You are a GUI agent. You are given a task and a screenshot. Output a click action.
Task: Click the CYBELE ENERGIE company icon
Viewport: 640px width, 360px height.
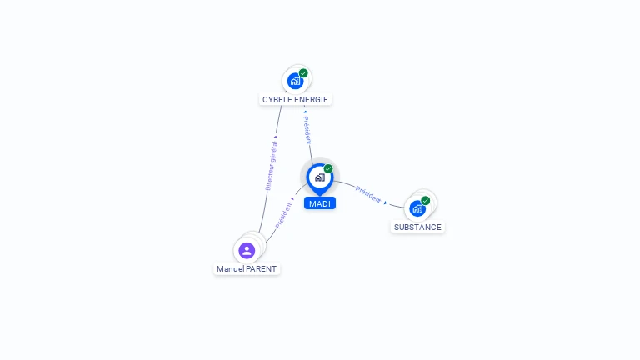pos(294,81)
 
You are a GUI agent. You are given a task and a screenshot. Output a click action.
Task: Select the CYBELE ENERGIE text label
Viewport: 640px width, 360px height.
pos(295,100)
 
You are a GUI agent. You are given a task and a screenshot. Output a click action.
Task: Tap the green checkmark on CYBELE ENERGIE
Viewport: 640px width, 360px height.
pos(303,73)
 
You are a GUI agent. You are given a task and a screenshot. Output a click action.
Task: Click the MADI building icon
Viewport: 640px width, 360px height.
pos(319,177)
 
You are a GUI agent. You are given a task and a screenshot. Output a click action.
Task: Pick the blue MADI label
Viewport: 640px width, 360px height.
pos(320,203)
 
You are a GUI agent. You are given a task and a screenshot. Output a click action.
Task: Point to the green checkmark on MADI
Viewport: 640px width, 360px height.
pos(328,169)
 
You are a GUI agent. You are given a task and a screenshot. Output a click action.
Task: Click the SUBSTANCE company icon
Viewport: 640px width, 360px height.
pos(417,207)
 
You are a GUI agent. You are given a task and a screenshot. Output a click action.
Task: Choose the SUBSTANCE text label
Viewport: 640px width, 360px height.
pos(417,227)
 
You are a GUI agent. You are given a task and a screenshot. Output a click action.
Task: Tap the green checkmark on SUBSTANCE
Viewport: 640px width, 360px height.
pos(426,201)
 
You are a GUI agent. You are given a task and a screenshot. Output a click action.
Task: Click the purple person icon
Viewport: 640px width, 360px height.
pos(247,250)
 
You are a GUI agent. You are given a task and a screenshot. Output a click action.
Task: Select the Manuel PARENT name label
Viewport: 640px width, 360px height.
pos(247,269)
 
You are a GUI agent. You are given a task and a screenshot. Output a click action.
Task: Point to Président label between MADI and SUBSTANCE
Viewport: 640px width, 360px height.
pos(367,193)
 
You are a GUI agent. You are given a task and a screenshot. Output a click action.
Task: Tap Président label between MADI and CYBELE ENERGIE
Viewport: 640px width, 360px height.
pos(307,130)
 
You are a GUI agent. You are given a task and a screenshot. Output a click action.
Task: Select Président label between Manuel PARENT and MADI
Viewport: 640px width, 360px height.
pos(282,214)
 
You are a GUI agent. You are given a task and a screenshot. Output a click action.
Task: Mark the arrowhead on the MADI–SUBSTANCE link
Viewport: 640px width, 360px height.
pos(385,201)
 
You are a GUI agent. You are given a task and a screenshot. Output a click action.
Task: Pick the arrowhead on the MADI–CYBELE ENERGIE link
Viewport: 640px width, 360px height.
pos(305,111)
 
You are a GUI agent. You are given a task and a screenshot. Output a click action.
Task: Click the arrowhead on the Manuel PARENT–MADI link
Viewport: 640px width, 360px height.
pos(292,199)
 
